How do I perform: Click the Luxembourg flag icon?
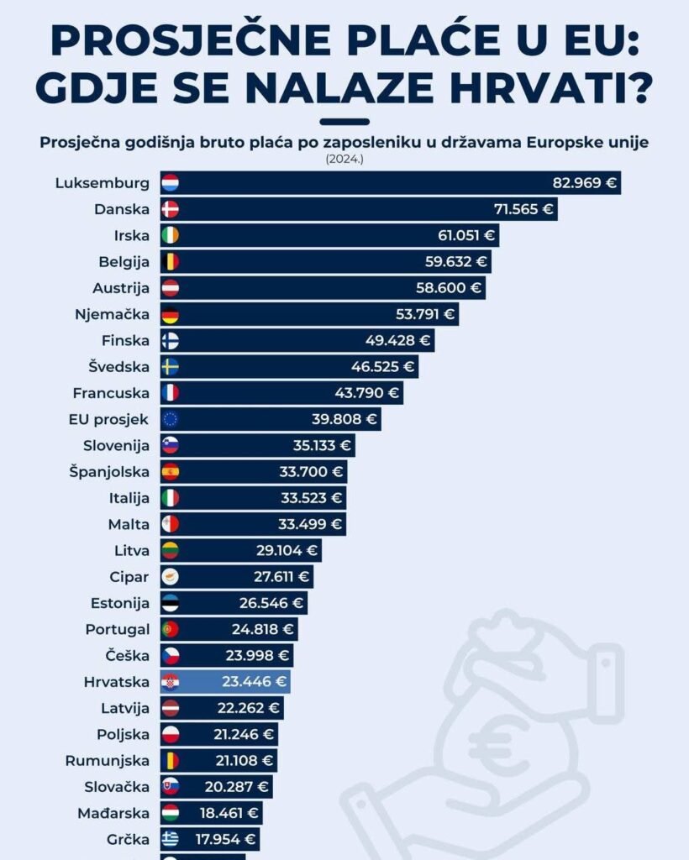[x=170, y=183]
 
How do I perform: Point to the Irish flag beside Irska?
[x=170, y=235]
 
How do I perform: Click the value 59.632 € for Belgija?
[x=456, y=261]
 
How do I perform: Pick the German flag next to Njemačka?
[x=170, y=314]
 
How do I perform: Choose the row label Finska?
[x=124, y=340]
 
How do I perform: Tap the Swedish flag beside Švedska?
[x=170, y=366]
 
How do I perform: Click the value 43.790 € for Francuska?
[x=367, y=392]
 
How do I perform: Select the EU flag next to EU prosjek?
[x=170, y=419]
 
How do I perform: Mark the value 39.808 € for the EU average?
[x=345, y=419]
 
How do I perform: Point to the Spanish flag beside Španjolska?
[x=170, y=471]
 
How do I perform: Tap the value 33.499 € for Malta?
[x=311, y=524]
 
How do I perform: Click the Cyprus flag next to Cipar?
[x=170, y=577]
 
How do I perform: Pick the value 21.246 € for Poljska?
[x=244, y=734]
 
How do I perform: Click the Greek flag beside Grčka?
[x=170, y=838]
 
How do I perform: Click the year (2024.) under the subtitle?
[x=344, y=158]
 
